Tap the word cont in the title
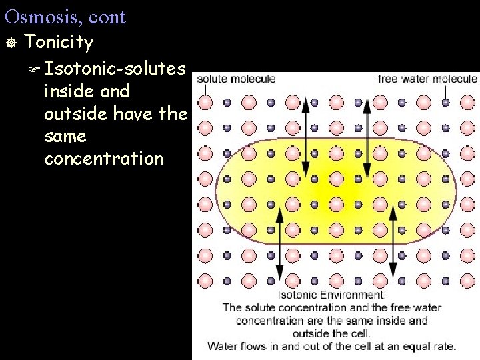[x=107, y=17]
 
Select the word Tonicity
[x=59, y=42]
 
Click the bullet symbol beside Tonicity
[x=10, y=43]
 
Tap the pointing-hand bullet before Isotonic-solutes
[x=35, y=68]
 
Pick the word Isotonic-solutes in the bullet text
[x=115, y=68]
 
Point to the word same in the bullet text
[x=65, y=137]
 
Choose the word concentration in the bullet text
[x=103, y=159]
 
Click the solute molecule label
[x=235, y=79]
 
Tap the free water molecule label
[x=427, y=79]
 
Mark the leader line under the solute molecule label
[x=206, y=90]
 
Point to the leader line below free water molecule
[x=445, y=90]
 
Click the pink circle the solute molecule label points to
[x=206, y=103]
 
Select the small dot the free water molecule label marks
[x=445, y=103]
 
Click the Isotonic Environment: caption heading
[x=331, y=295]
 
